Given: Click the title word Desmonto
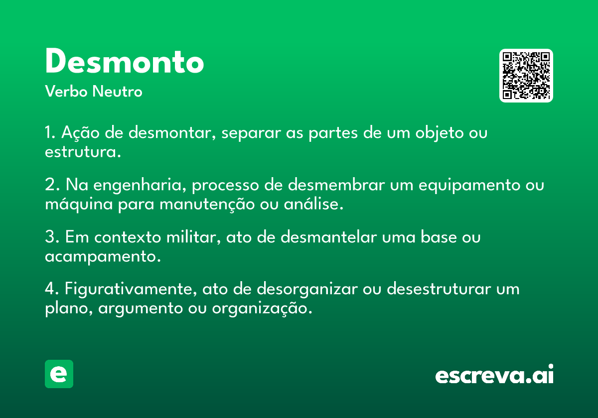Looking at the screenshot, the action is [125, 61].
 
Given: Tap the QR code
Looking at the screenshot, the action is [526, 76].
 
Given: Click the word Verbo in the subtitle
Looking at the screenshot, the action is [66, 91].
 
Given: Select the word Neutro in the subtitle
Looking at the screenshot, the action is [117, 91].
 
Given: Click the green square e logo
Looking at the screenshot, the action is [59, 374].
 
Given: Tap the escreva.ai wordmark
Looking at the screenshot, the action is [494, 374].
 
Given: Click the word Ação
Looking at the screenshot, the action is [80, 133].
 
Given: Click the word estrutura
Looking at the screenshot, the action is [83, 152].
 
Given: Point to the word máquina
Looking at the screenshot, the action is [79, 205].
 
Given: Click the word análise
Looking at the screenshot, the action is [313, 204].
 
